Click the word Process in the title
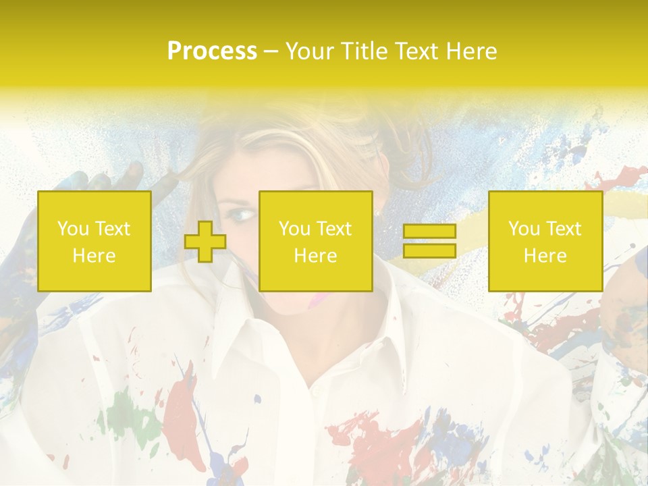click(212, 51)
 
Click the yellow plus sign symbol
click(205, 242)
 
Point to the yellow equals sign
click(429, 241)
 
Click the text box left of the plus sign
click(94, 242)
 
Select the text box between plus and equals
click(316, 242)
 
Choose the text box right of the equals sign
click(545, 242)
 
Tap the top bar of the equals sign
click(429, 232)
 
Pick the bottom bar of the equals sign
click(429, 251)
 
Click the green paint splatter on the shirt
click(125, 412)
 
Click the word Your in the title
click(309, 51)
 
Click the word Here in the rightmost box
click(545, 256)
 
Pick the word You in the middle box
click(294, 229)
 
